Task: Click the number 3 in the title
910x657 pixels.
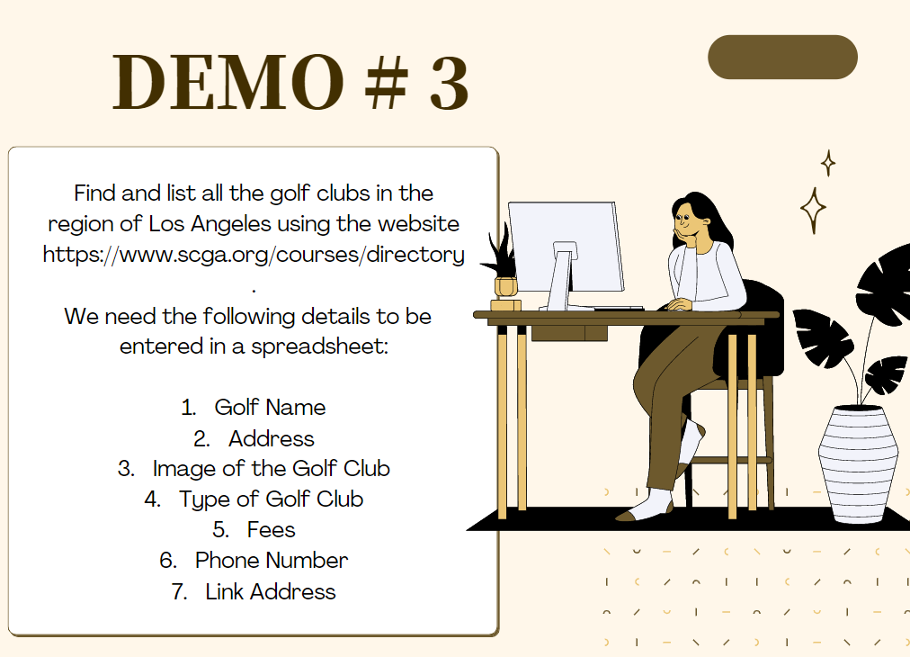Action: pyautogui.click(x=449, y=82)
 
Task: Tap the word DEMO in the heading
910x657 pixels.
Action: pyautogui.click(x=227, y=82)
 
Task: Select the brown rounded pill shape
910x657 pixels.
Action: pyautogui.click(x=782, y=57)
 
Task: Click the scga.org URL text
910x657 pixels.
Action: pyautogui.click(x=254, y=255)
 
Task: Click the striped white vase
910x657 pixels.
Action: pyautogui.click(x=858, y=463)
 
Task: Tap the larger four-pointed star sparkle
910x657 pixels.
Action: pyautogui.click(x=813, y=210)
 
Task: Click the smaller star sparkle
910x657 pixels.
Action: pyautogui.click(x=828, y=163)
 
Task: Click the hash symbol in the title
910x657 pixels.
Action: pyautogui.click(x=387, y=82)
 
